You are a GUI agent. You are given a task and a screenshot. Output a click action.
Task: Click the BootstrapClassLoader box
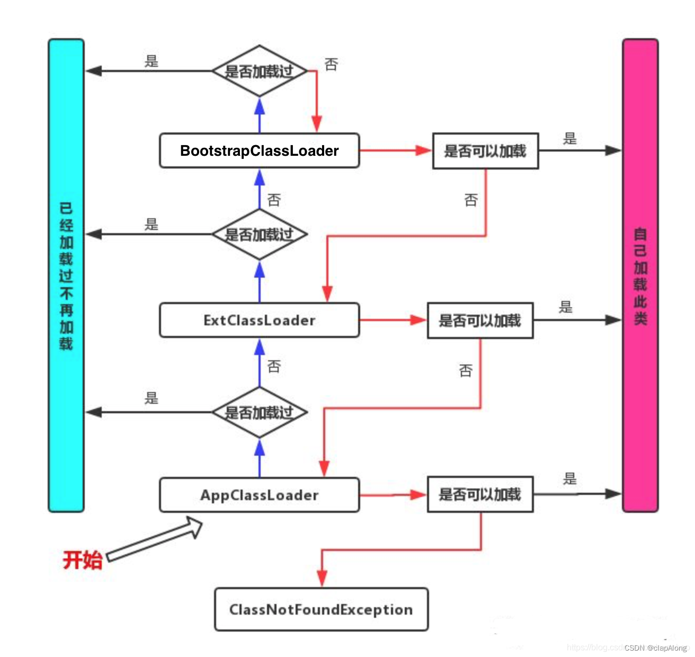click(259, 151)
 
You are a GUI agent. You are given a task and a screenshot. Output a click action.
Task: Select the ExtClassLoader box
click(259, 320)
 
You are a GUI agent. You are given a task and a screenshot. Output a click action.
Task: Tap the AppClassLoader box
click(259, 495)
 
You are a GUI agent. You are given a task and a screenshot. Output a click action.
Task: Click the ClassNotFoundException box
click(321, 609)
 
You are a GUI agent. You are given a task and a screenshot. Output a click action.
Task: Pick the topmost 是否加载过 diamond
click(259, 71)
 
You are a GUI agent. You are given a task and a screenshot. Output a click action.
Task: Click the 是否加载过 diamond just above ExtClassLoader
click(259, 234)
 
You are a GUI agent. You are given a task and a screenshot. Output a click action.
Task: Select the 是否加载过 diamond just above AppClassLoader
click(259, 412)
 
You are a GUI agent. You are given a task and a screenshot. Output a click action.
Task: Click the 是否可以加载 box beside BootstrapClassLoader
click(485, 151)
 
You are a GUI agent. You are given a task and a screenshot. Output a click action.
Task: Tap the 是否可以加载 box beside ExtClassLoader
click(480, 321)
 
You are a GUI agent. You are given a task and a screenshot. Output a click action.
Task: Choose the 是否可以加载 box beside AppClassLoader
click(480, 494)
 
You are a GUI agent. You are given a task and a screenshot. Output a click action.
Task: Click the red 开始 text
click(82, 560)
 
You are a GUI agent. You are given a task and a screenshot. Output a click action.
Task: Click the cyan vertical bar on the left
click(66, 276)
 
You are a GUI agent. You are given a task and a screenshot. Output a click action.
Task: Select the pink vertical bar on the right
click(640, 276)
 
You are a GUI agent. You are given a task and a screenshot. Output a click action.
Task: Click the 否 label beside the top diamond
click(331, 65)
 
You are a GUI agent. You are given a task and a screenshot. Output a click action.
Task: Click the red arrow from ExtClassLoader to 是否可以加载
click(392, 320)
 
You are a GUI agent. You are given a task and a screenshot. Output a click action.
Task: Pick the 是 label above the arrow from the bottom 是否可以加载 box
click(570, 479)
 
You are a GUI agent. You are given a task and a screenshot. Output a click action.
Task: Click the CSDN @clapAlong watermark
click(655, 647)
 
